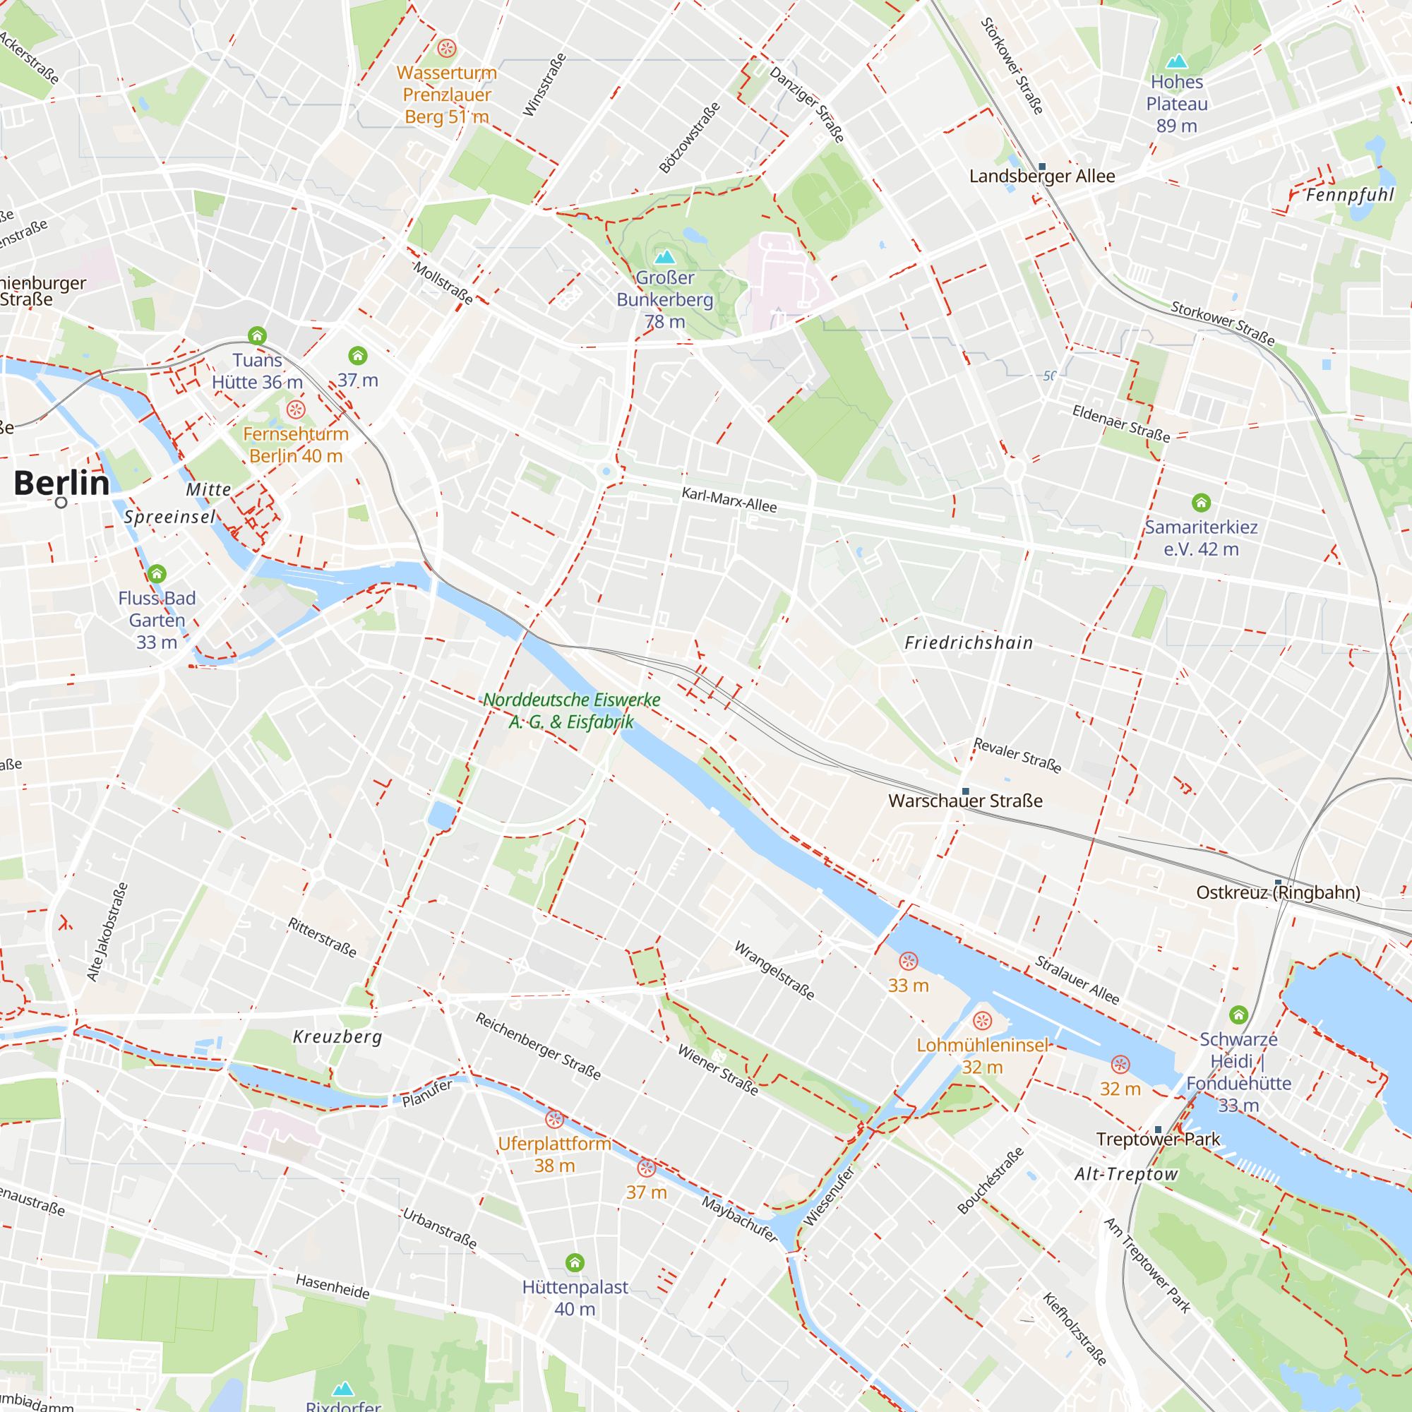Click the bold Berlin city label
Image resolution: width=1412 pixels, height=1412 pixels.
point(61,483)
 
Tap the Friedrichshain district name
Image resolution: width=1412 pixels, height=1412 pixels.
point(969,642)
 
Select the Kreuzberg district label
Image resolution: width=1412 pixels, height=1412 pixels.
point(337,1036)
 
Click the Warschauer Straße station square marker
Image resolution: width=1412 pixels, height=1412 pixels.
point(965,791)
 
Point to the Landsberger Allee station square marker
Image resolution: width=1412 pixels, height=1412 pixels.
point(1042,167)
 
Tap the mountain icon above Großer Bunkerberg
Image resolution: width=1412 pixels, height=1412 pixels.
point(664,256)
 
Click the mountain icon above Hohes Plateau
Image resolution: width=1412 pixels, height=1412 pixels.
point(1177,61)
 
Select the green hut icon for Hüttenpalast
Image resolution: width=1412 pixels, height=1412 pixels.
point(575,1262)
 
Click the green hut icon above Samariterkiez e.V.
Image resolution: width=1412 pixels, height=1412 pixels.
point(1202,502)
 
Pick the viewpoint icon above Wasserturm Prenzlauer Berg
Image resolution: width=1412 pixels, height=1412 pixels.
point(447,49)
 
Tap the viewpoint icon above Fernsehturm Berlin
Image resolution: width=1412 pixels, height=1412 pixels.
point(296,409)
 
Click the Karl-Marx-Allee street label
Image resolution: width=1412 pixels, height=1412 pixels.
point(729,500)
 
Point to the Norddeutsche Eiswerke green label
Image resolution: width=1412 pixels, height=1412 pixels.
point(572,710)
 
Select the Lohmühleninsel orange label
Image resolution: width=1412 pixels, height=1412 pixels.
point(982,1045)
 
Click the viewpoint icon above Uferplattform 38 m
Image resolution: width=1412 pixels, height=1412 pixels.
point(555,1119)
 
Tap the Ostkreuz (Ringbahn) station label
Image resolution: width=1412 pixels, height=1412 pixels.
point(1279,892)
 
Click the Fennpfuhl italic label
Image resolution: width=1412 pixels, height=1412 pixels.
point(1350,194)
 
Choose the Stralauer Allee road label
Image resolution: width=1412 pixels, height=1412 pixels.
point(1077,980)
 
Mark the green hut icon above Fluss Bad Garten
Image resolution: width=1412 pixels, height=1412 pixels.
point(157,574)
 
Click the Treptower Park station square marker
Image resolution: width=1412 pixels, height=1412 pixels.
point(1158,1129)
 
